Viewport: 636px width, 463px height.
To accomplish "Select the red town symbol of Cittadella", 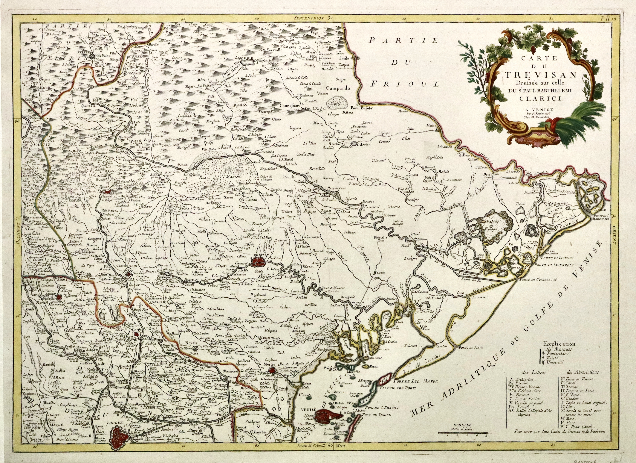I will (x=59, y=297).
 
